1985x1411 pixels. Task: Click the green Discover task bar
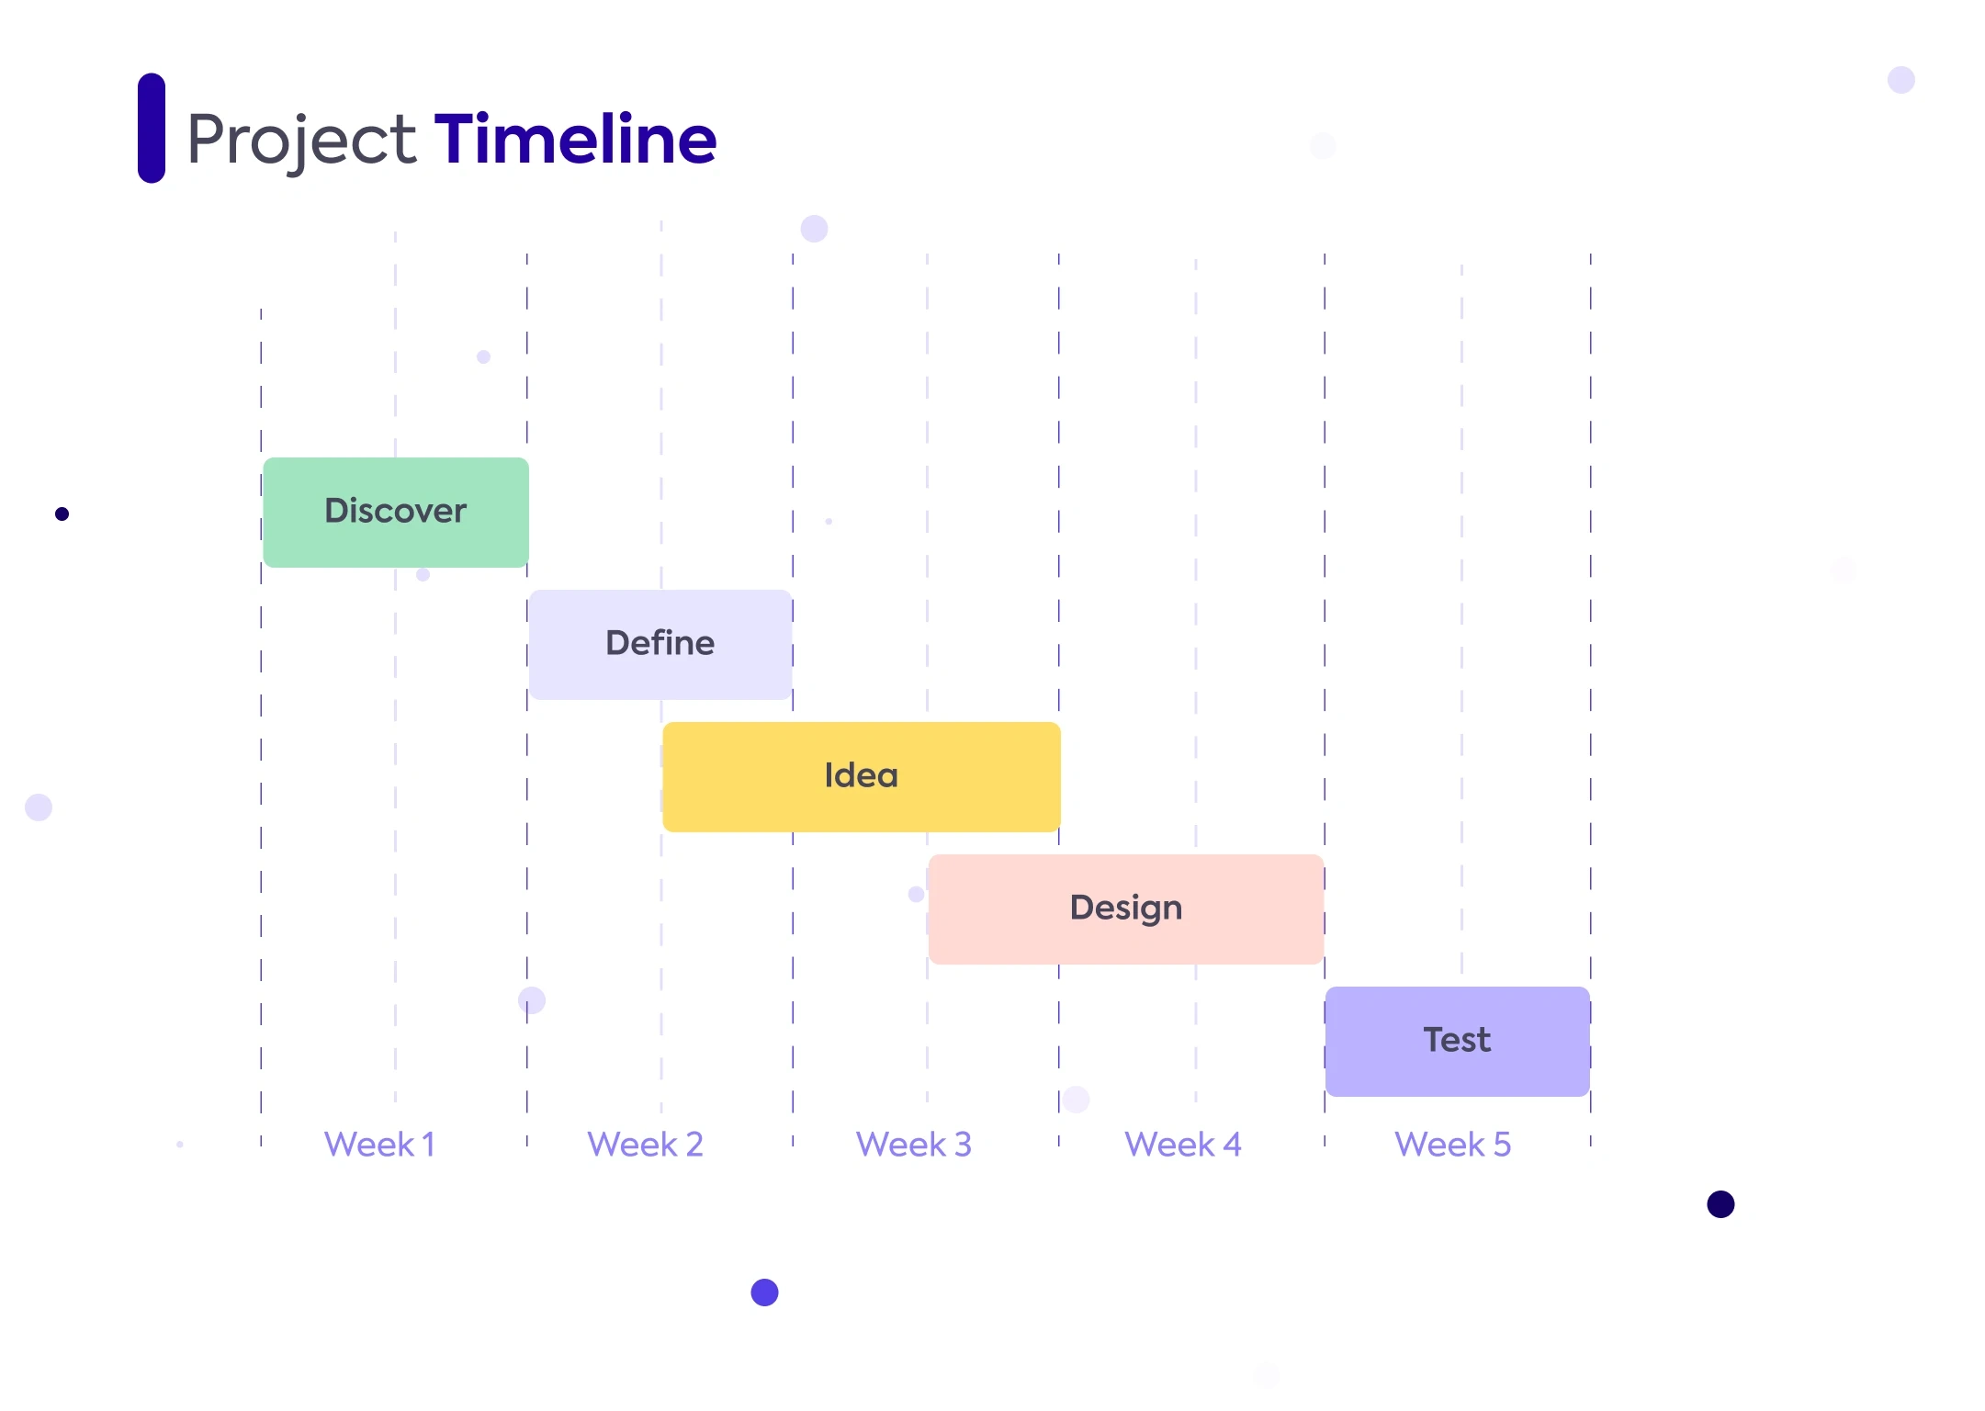tap(396, 513)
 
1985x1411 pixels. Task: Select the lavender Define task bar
tap(660, 645)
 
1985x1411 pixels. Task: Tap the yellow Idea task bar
tap(862, 777)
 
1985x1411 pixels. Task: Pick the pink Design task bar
tap(1126, 909)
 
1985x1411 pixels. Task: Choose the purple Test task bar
tap(1458, 1042)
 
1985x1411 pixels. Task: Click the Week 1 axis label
tap(379, 1145)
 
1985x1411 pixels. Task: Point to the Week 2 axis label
tap(645, 1145)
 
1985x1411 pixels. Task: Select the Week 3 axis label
tap(914, 1145)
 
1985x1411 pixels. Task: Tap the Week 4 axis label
tap(1183, 1145)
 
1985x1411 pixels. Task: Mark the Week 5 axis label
tap(1452, 1145)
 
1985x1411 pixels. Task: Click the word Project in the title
tap(302, 141)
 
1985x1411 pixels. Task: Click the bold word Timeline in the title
tap(575, 139)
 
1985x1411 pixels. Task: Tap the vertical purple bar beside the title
tap(152, 128)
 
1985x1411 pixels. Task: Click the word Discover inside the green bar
tap(396, 511)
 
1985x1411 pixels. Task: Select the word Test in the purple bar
tap(1458, 1040)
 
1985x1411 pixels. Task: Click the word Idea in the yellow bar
tap(862, 775)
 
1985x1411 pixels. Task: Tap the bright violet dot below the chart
tap(764, 1292)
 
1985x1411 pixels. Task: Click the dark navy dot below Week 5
tap(1720, 1204)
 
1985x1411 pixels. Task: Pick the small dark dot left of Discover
tap(62, 514)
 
